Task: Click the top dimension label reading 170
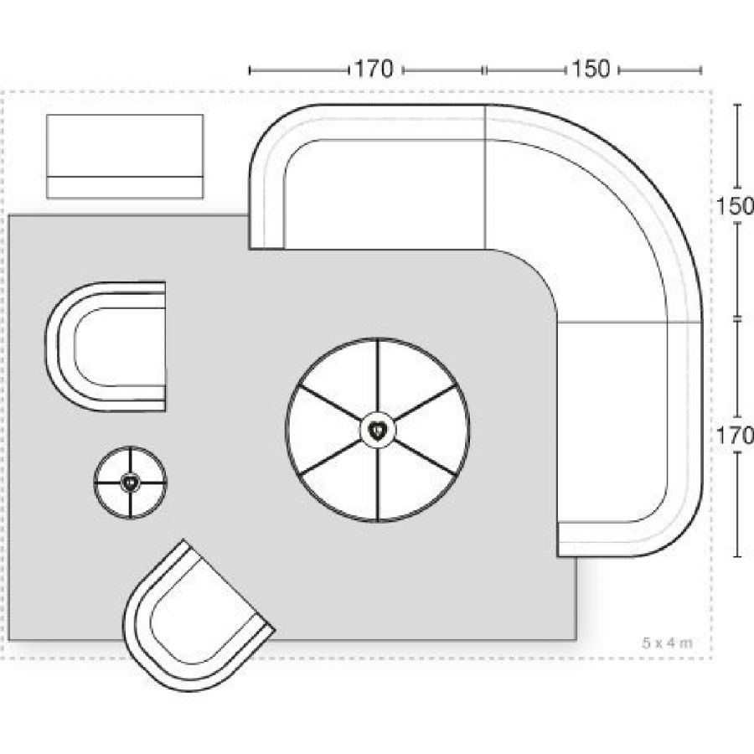pyautogui.click(x=374, y=70)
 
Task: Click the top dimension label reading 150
pyautogui.click(x=591, y=70)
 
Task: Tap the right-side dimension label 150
pyautogui.click(x=735, y=206)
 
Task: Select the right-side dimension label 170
pyautogui.click(x=735, y=436)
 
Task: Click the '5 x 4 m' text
pyautogui.click(x=667, y=643)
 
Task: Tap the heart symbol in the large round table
pyautogui.click(x=378, y=430)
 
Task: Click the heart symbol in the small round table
pyautogui.click(x=130, y=482)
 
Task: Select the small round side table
pyautogui.click(x=130, y=483)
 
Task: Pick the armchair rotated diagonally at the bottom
pyautogui.click(x=198, y=616)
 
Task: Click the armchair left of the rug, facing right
pyautogui.click(x=106, y=346)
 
